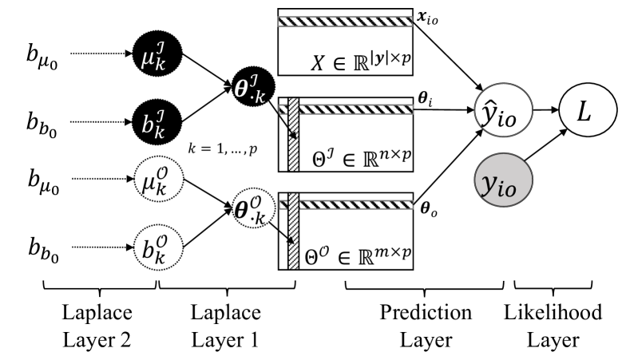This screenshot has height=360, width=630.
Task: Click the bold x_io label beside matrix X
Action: (x=429, y=15)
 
